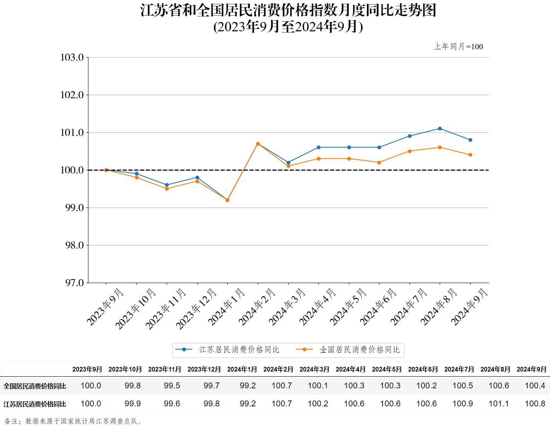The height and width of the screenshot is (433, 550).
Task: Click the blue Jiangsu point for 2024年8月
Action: point(440,128)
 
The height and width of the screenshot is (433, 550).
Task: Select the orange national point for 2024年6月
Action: point(379,162)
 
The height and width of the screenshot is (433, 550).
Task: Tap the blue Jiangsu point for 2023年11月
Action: point(167,185)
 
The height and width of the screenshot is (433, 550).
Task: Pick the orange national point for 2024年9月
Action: point(470,155)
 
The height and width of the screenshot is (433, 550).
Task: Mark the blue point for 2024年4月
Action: point(318,147)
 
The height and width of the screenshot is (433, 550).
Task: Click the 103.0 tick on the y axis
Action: point(72,58)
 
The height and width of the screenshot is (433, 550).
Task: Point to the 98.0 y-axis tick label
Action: point(74,245)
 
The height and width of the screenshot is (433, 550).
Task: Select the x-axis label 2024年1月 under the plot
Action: point(226,307)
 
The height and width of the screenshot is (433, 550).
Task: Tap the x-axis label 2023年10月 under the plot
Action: point(135,309)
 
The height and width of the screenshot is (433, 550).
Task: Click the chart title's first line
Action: point(288,11)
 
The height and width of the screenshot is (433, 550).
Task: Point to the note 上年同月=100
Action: point(458,47)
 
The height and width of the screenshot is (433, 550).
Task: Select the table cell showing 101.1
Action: point(499,404)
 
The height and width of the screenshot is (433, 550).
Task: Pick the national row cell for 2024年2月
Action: point(282,386)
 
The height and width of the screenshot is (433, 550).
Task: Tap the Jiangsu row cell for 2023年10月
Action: point(133,404)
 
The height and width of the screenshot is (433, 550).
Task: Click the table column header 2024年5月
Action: point(386,369)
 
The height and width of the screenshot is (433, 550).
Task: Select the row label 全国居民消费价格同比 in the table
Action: point(35,386)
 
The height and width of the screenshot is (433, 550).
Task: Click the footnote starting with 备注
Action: point(74,421)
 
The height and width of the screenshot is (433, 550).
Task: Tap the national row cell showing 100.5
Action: point(463,386)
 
